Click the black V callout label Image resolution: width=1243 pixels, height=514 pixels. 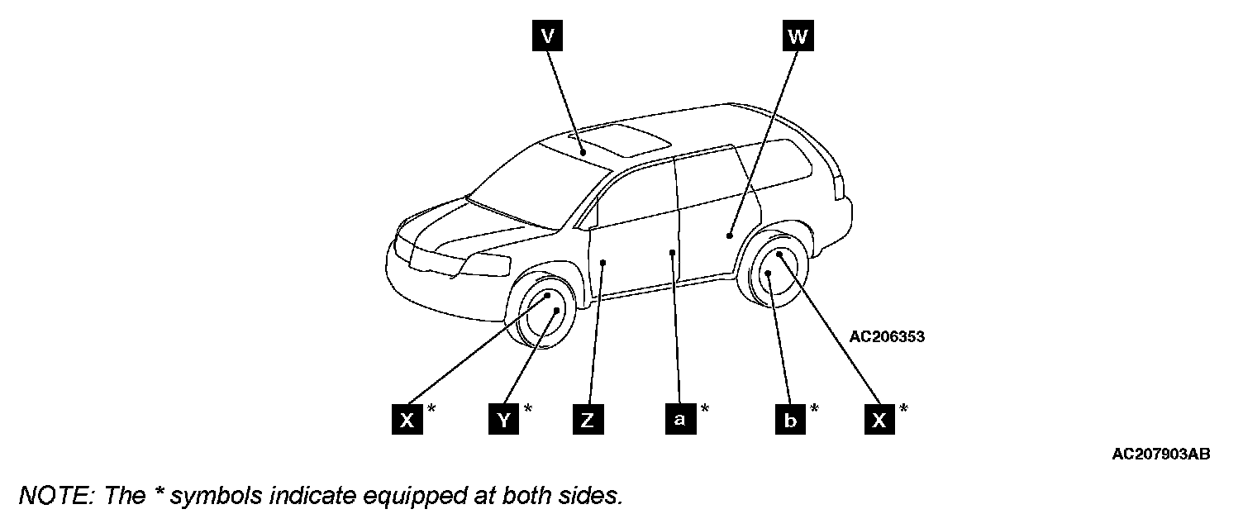click(546, 36)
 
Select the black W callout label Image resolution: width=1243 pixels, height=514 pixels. click(796, 36)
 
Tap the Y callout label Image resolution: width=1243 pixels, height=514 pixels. click(502, 420)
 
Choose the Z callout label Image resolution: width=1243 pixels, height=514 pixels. click(587, 420)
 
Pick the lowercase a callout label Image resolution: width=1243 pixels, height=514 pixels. click(679, 420)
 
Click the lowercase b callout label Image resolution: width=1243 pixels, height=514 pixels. click(790, 420)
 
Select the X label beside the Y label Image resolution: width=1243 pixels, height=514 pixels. click(407, 420)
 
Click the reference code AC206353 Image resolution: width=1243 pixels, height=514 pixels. click(887, 336)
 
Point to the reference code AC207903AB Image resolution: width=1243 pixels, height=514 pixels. click(1161, 454)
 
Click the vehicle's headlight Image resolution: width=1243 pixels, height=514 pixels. click(488, 265)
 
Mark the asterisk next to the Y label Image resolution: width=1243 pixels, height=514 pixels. click(527, 409)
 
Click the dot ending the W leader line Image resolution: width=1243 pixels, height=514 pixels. click(730, 236)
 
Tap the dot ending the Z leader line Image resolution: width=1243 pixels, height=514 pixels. click(604, 263)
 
